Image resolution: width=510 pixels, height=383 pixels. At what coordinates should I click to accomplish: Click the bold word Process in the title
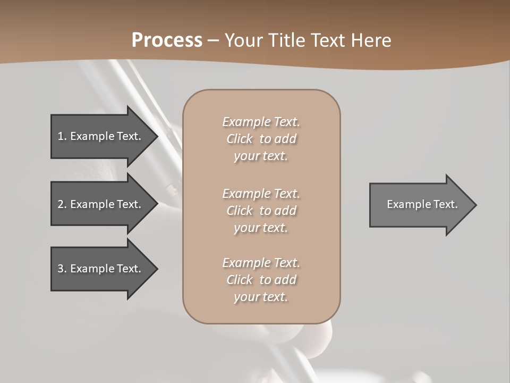(167, 40)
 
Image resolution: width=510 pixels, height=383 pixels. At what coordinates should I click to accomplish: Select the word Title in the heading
(287, 40)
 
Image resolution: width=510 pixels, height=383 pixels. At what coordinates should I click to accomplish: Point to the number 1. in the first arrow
(62, 136)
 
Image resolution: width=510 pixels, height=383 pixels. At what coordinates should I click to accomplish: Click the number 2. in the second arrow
(62, 204)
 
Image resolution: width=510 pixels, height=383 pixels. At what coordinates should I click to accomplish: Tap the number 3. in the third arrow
(62, 269)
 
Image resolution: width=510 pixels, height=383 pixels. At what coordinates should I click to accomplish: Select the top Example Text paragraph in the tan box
(261, 139)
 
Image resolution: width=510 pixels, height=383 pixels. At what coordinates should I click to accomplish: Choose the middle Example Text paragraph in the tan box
(261, 211)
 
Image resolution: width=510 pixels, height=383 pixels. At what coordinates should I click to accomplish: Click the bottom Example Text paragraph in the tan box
(261, 280)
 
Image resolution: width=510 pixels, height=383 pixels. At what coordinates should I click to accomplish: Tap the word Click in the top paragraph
(240, 139)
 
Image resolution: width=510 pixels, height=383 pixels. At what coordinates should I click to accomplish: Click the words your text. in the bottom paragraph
(261, 297)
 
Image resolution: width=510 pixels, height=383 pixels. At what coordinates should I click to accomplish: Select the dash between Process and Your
(214, 40)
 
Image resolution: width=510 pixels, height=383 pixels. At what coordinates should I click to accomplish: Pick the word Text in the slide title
(329, 40)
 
